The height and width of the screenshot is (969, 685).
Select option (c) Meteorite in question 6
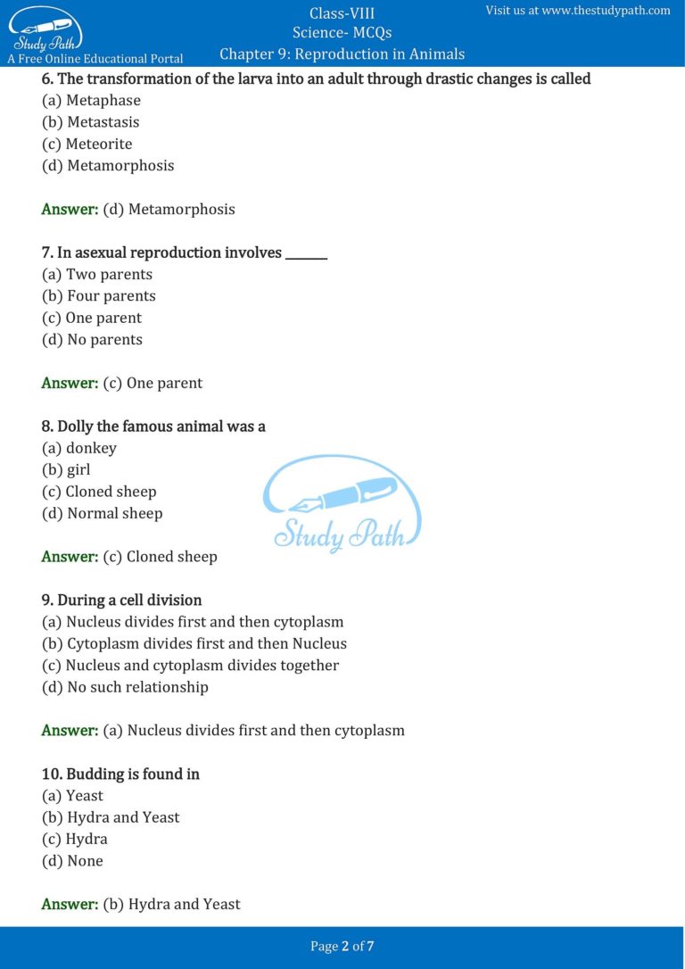pyautogui.click(x=87, y=144)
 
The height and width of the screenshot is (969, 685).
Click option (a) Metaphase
pyautogui.click(x=91, y=100)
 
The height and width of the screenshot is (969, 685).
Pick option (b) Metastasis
pyautogui.click(x=91, y=122)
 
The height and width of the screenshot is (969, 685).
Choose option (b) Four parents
pyautogui.click(x=99, y=296)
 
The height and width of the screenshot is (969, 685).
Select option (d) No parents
pyautogui.click(x=93, y=339)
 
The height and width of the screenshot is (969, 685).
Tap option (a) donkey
pyautogui.click(x=79, y=448)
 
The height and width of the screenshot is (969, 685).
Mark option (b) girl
pyautogui.click(x=67, y=469)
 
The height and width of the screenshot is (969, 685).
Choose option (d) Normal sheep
pyautogui.click(x=103, y=513)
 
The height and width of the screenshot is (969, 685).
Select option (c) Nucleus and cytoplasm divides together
pyautogui.click(x=191, y=666)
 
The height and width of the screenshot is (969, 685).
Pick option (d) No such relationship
pyautogui.click(x=126, y=687)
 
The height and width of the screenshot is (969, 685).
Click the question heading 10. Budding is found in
pyautogui.click(x=120, y=774)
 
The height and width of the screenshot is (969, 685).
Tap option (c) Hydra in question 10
pyautogui.click(x=75, y=839)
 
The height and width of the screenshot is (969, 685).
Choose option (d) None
pyautogui.click(x=73, y=861)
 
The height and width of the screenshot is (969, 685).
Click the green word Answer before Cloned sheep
pyautogui.click(x=70, y=557)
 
